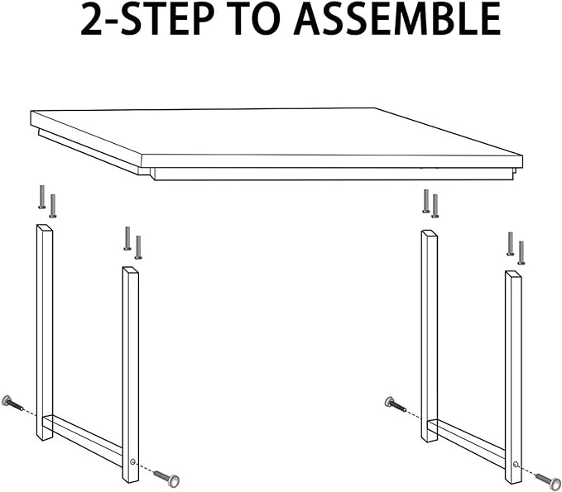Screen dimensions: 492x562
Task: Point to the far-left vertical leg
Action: pyautogui.click(x=45, y=331)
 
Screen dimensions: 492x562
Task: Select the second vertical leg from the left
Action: pyautogui.click(x=131, y=372)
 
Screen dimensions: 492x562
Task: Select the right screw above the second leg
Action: pyautogui.click(x=138, y=246)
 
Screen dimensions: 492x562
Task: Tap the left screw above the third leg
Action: pyautogui.click(x=426, y=201)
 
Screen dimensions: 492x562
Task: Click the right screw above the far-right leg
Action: pyautogui.click(x=521, y=251)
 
